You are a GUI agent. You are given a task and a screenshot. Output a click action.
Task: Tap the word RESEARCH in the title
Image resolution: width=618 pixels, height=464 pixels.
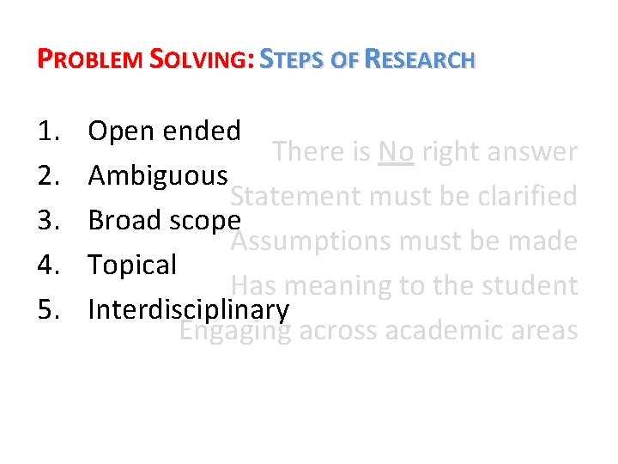[420, 60]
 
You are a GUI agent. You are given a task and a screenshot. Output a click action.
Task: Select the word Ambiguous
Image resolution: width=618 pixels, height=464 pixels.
[158, 176]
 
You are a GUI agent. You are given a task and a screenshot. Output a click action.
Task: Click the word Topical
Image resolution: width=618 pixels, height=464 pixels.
[132, 265]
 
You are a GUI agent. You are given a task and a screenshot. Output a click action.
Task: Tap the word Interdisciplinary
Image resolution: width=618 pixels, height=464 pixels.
[188, 309]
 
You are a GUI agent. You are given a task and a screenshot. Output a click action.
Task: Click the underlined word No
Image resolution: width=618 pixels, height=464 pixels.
[396, 152]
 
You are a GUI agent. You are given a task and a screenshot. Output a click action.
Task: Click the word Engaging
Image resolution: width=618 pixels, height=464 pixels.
[234, 330]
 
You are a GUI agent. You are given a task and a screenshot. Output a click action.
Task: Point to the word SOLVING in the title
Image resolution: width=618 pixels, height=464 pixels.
[200, 60]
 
